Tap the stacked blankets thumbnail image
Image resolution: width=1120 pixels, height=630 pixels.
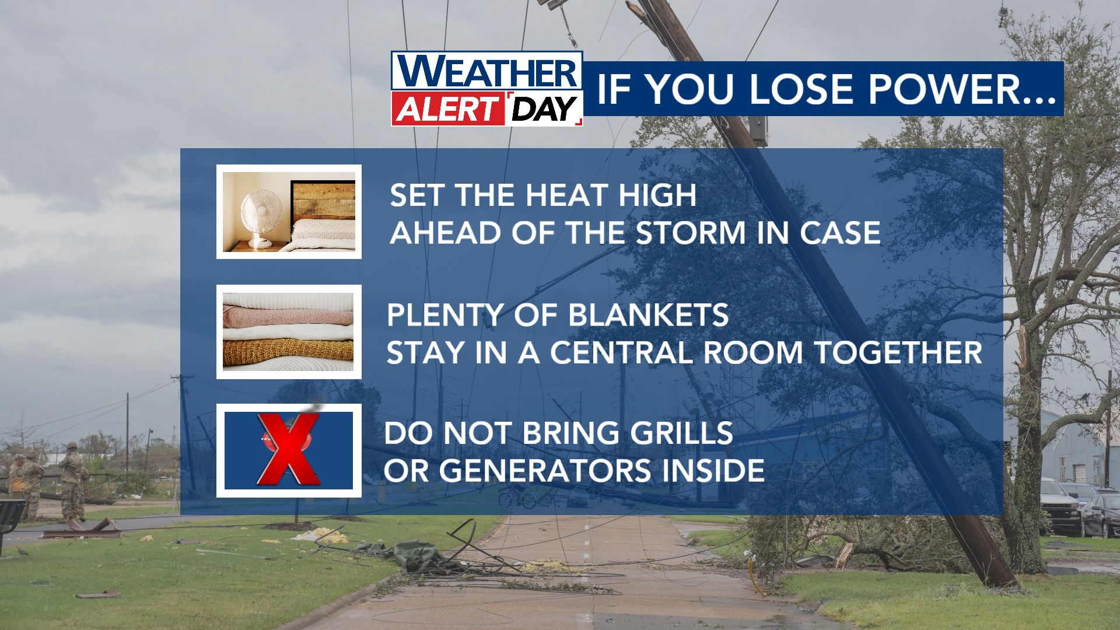point(289,331)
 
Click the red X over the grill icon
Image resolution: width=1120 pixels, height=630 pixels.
point(289,449)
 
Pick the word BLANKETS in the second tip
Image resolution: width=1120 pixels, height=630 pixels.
point(648,315)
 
